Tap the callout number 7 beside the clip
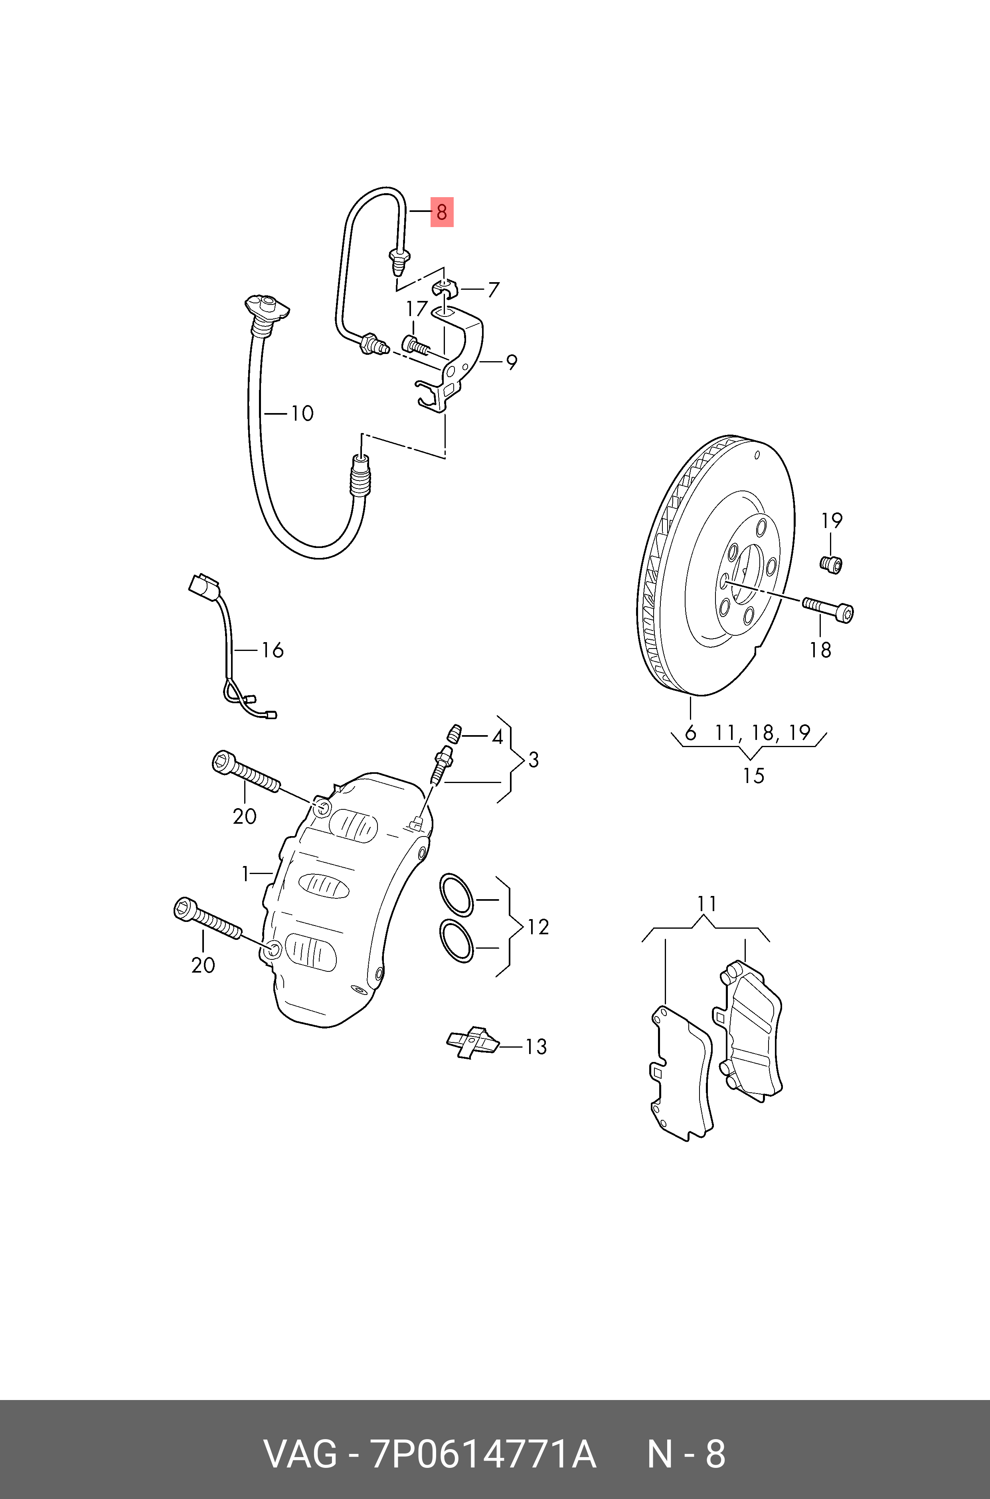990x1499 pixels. [x=493, y=290]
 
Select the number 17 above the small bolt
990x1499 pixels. [x=417, y=309]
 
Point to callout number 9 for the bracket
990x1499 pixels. [x=511, y=363]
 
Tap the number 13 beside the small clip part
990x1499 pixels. [x=536, y=1046]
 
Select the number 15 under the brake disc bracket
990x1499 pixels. [x=753, y=775]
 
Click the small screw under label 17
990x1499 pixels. [x=415, y=345]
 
